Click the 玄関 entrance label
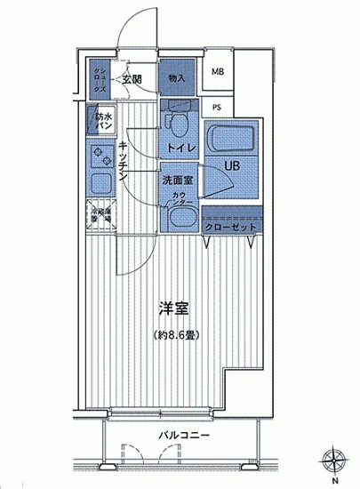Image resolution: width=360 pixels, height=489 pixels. (x=133, y=80)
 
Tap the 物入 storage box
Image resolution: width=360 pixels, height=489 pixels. (x=177, y=79)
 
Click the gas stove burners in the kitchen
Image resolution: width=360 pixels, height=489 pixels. (x=99, y=153)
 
